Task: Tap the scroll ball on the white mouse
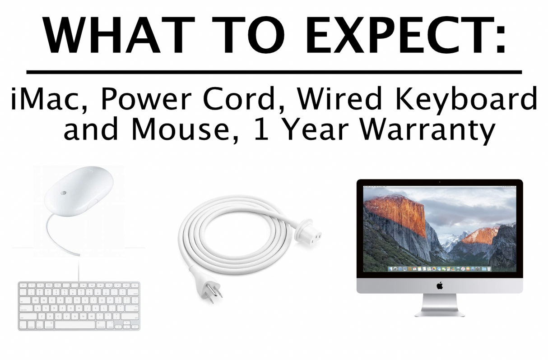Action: pyautogui.click(x=64, y=192)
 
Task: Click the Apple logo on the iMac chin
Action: pyautogui.click(x=439, y=285)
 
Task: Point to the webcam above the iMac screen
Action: pyautogui.click(x=439, y=182)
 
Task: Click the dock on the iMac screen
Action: pyautogui.click(x=439, y=269)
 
